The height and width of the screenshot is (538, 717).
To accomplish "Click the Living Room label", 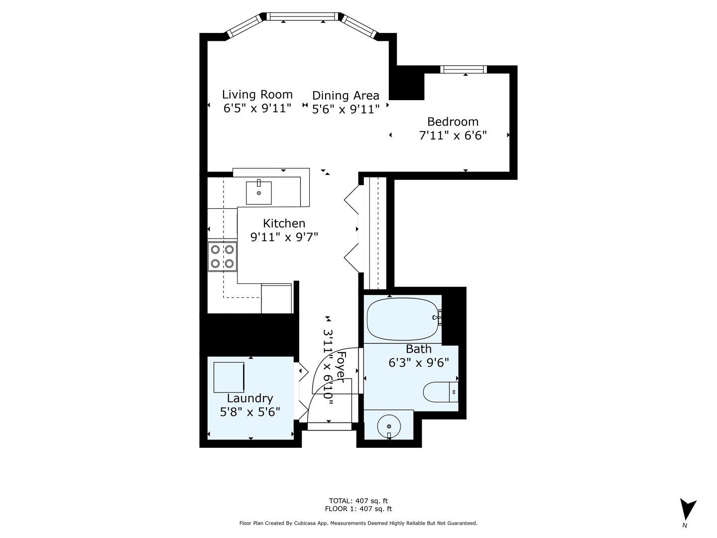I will point(257,94).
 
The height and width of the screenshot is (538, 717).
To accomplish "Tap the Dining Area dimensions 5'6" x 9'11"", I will point(346,109).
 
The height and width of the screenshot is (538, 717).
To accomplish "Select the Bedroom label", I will point(453,122).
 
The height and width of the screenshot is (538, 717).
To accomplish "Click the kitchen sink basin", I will point(259,193).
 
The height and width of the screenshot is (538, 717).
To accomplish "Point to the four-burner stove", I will point(222,257).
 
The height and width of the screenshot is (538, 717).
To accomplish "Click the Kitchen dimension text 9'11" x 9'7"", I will point(284,237).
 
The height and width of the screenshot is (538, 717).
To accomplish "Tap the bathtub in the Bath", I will point(403,319).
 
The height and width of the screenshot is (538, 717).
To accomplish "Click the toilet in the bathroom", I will point(440,392).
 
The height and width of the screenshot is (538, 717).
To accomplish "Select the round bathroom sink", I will point(389,426).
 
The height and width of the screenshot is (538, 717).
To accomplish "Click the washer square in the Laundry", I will point(229,377).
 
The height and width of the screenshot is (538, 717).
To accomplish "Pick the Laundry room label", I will point(250,398).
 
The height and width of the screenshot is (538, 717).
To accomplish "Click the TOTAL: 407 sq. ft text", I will point(358,501).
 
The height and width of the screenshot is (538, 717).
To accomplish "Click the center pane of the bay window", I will point(303,16).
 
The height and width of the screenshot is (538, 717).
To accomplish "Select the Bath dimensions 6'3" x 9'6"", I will point(419,362).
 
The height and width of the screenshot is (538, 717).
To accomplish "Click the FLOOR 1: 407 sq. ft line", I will point(358,509).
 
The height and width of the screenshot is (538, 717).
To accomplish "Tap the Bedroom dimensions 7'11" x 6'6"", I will point(453,135).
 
